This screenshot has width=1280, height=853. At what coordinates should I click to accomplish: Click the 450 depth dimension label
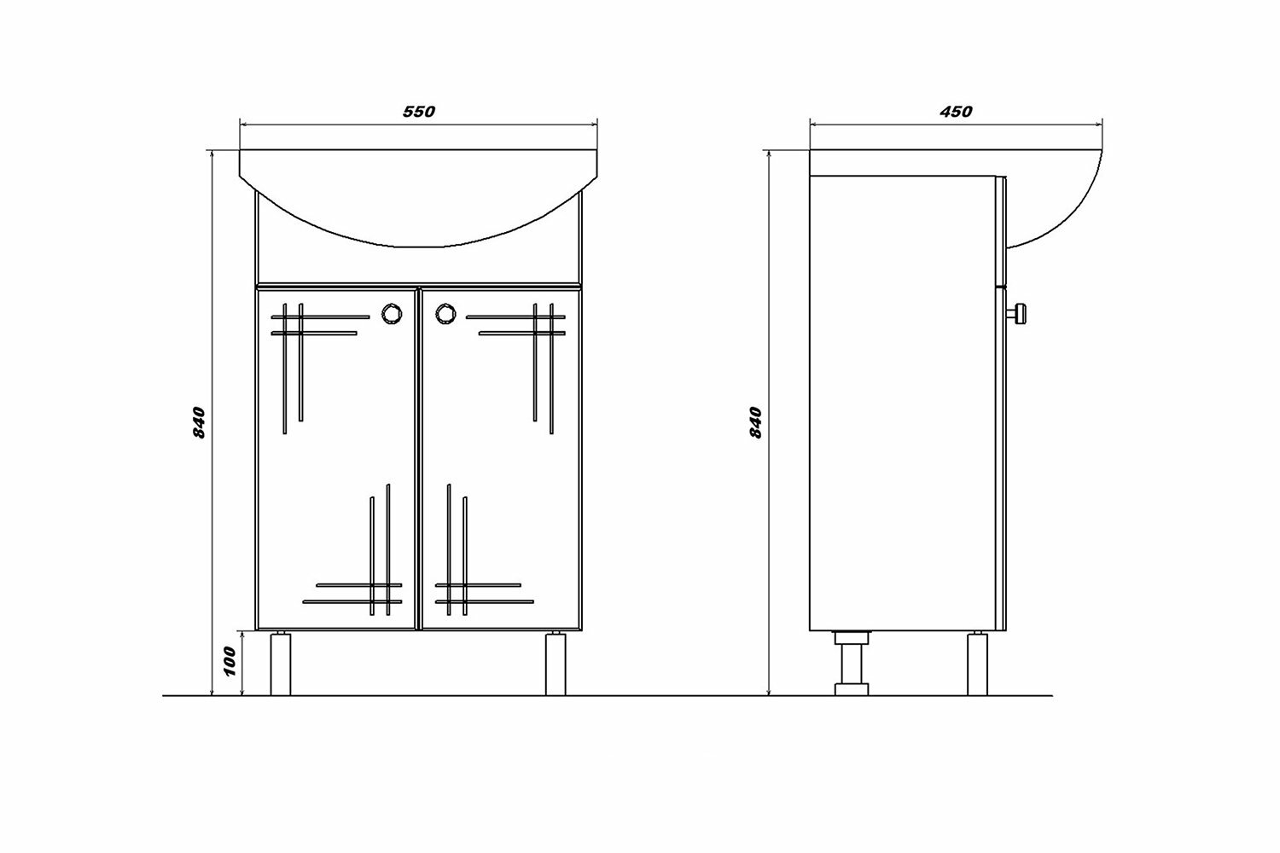click(955, 112)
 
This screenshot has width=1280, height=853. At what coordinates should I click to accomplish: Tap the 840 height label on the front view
click(200, 423)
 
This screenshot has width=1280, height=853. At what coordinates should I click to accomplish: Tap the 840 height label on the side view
click(754, 423)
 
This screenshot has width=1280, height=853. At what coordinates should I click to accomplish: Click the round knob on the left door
click(392, 314)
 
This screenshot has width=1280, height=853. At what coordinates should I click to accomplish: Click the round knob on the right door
click(445, 314)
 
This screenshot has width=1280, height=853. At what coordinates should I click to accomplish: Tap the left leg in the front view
click(280, 664)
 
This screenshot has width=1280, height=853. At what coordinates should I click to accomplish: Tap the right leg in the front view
click(556, 664)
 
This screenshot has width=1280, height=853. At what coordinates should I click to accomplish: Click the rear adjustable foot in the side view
click(850, 664)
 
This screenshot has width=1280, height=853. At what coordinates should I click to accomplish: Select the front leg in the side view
click(977, 664)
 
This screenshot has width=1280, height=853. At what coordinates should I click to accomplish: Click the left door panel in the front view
click(336, 461)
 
